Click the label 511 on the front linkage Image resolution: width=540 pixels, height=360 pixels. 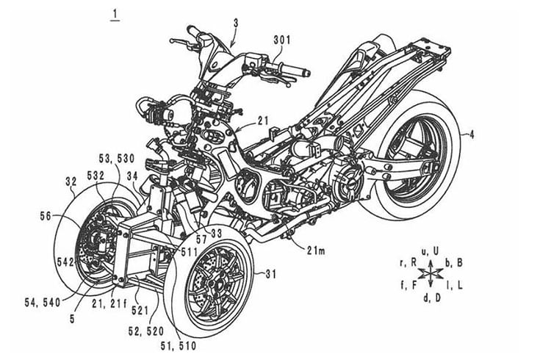[190, 252]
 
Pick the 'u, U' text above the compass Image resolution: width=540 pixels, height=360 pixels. [430, 252]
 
